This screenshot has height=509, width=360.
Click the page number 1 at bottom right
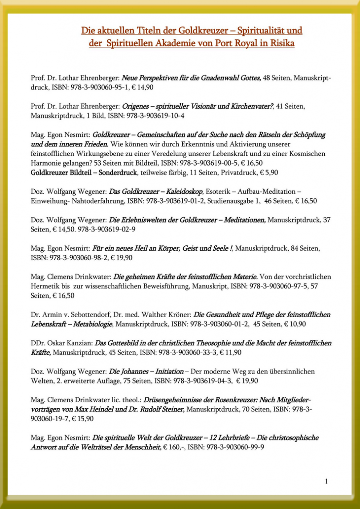pyautogui.click(x=327, y=480)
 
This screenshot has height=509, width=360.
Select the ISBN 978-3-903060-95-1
pyautogui.click(x=86, y=87)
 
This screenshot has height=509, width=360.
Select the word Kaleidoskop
pyautogui.click(x=182, y=191)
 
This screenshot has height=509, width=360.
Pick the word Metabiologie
pyautogui.click(x=92, y=324)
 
